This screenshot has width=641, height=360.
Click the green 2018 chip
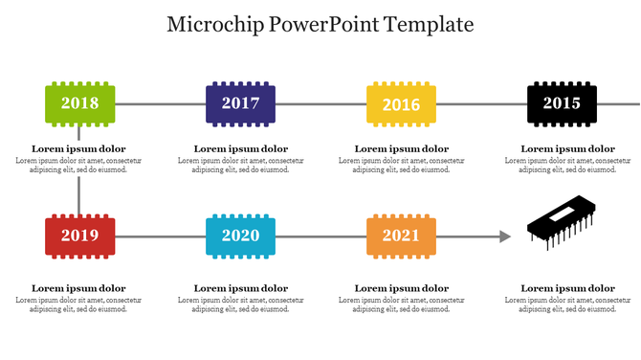pyautogui.click(x=79, y=103)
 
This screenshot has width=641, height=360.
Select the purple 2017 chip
pyautogui.click(x=240, y=103)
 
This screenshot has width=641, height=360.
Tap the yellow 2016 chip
pyautogui.click(x=401, y=103)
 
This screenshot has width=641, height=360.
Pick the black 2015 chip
pyautogui.click(x=562, y=103)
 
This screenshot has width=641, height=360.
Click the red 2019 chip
pyautogui.click(x=79, y=236)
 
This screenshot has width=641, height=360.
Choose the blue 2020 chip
pyautogui.click(x=240, y=236)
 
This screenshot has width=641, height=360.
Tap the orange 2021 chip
pyautogui.click(x=401, y=236)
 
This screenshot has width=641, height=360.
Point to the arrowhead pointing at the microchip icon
pyautogui.click(x=506, y=236)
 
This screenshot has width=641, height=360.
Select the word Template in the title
pyautogui.click(x=429, y=25)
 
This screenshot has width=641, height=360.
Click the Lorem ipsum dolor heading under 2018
pyautogui.click(x=78, y=148)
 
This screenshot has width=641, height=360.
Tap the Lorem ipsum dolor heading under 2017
pyautogui.click(x=240, y=148)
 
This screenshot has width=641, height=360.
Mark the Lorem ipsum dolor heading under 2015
pyautogui.click(x=567, y=148)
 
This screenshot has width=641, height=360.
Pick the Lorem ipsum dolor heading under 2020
pyautogui.click(x=240, y=288)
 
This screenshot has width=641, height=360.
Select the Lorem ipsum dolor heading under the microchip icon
pyautogui.click(x=567, y=288)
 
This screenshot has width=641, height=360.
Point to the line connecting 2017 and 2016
pyautogui.click(x=320, y=103)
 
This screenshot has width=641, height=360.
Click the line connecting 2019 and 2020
pyautogui.click(x=160, y=236)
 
